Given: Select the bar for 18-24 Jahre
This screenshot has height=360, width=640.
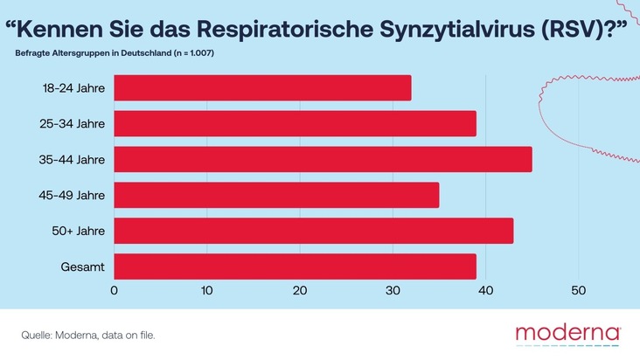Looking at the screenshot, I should (262, 88).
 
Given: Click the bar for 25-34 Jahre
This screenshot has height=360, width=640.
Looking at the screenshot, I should (295, 123).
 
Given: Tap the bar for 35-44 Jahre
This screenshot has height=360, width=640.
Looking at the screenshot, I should (323, 159).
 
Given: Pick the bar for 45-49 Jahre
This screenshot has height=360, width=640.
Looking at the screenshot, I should (276, 195).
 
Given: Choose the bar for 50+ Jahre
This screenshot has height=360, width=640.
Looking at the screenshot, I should (313, 231).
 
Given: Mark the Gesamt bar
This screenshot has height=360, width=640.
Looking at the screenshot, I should (295, 266).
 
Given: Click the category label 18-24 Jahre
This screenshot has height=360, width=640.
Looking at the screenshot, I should (73, 88).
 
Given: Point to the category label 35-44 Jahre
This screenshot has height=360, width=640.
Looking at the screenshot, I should (73, 159).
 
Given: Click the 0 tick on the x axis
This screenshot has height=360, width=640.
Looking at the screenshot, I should (115, 291).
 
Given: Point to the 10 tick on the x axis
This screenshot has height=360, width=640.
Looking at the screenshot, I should (207, 291).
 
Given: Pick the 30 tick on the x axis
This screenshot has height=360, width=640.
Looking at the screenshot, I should (393, 291).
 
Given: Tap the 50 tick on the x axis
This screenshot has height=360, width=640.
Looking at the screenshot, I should (578, 291).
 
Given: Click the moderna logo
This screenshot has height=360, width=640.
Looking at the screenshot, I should (567, 334).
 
